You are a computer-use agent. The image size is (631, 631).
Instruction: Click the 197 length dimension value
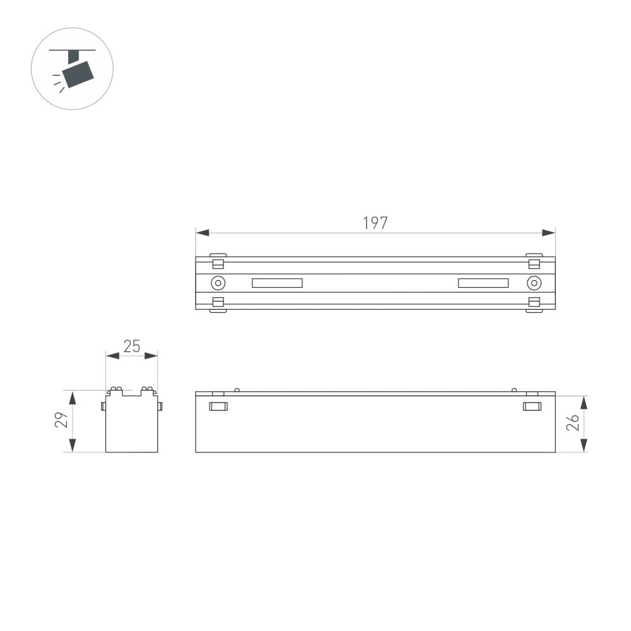[x=375, y=223]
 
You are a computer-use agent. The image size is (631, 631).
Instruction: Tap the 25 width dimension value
[x=131, y=346]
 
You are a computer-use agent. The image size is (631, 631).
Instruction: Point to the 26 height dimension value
[x=572, y=423]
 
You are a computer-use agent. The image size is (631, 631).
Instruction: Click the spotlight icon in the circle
[x=72, y=69]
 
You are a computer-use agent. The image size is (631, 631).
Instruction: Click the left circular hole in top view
[x=218, y=283]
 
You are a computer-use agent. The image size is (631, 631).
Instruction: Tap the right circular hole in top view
[x=534, y=283]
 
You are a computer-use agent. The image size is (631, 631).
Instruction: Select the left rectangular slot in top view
[x=277, y=283]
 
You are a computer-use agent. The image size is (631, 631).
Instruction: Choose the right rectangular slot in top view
[x=483, y=283]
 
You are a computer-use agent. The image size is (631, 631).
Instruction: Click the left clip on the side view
[x=218, y=406]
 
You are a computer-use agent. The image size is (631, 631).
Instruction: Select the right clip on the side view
[x=533, y=406]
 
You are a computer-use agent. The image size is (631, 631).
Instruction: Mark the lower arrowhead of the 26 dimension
[x=584, y=446]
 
